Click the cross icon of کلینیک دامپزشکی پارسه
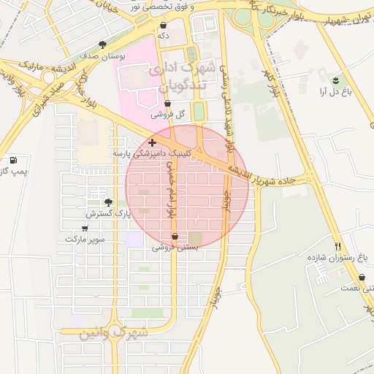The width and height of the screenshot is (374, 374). coord(152,142)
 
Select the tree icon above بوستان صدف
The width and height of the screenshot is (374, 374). coord(102,45)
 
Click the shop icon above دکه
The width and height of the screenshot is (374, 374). coord(162,25)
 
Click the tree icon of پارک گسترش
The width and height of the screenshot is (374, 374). coord(109,202)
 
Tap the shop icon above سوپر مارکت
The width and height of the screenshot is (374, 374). coord(85,228)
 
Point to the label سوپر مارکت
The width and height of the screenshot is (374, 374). coord(85,239)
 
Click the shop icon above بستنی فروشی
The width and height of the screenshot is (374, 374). coord(175,236)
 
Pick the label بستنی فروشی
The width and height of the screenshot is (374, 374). coord(175,248)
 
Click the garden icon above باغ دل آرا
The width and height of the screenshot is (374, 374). coord(335,80)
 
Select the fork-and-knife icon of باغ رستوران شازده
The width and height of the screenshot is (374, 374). coord(337,246)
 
